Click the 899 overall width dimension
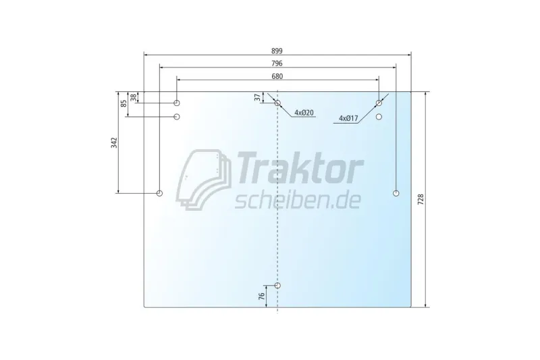tap(277, 50)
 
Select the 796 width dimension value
tap(277, 63)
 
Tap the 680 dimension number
tap(277, 76)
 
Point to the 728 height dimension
tap(421, 200)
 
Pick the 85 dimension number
tap(124, 104)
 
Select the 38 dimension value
tap(133, 97)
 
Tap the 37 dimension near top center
tap(257, 97)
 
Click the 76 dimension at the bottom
tap(262, 297)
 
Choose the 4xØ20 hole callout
tap(304, 113)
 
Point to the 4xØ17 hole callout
tap(348, 118)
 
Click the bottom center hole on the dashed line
tap(277, 286)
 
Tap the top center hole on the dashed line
tap(277, 103)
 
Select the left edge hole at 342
tap(160, 194)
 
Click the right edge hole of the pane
tap(396, 194)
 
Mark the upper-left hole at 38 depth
tap(177, 103)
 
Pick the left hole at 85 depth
tap(177, 117)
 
